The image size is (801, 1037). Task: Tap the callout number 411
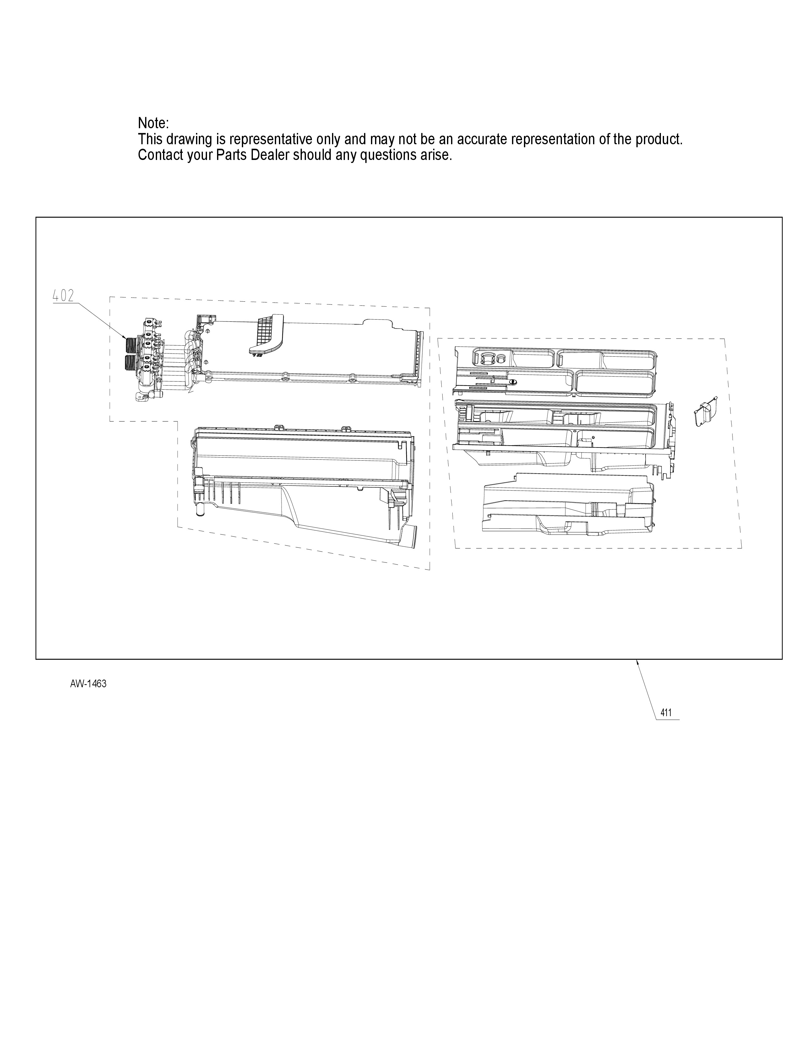tap(666, 726)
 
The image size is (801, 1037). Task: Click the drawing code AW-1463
tap(88, 684)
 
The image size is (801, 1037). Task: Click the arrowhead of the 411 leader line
tap(637, 661)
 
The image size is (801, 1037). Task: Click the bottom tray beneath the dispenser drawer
tap(567, 503)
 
